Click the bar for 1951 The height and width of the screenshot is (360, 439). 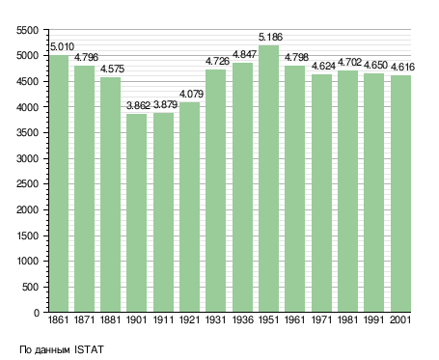click(x=268, y=179)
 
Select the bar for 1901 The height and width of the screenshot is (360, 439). click(x=136, y=212)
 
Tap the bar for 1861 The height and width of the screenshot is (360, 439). click(x=59, y=183)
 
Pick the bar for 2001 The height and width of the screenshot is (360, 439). click(x=400, y=193)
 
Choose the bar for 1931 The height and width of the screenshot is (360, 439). click(x=215, y=190)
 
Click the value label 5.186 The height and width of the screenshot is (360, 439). click(x=270, y=38)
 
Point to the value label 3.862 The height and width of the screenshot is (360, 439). click(x=138, y=105)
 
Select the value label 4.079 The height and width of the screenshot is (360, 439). click(x=191, y=95)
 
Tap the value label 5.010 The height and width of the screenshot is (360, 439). click(x=62, y=47)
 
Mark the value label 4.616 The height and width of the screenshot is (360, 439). click(x=402, y=68)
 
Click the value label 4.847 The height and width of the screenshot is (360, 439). click(x=244, y=55)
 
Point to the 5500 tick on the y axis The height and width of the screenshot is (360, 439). click(x=27, y=31)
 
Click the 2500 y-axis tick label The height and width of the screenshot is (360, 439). click(x=27, y=184)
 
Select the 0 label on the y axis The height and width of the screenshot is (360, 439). click(x=37, y=313)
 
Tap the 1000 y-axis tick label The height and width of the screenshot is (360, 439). click(x=27, y=262)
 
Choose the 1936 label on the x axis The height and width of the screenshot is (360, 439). click(x=242, y=320)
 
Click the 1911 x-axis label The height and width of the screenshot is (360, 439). click(x=163, y=320)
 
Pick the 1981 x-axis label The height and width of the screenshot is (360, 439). click(x=347, y=320)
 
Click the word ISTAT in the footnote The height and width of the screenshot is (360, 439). click(x=89, y=349)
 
